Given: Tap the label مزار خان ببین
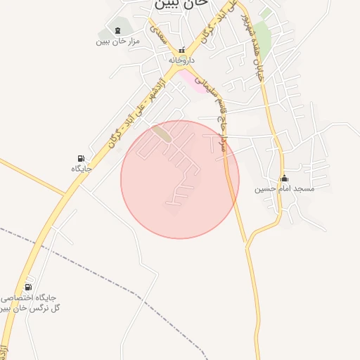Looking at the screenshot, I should (x=118, y=41).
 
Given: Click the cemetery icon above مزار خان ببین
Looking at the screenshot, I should (x=117, y=30).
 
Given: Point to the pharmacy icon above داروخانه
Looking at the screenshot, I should (x=181, y=51).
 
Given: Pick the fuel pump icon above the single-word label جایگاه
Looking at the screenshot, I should (x=82, y=158).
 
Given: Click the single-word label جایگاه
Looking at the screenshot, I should (x=82, y=169).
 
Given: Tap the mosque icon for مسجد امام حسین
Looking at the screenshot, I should (x=284, y=178).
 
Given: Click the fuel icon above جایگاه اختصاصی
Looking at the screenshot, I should (x=28, y=286).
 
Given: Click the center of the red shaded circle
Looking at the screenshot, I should (x=180, y=179).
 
